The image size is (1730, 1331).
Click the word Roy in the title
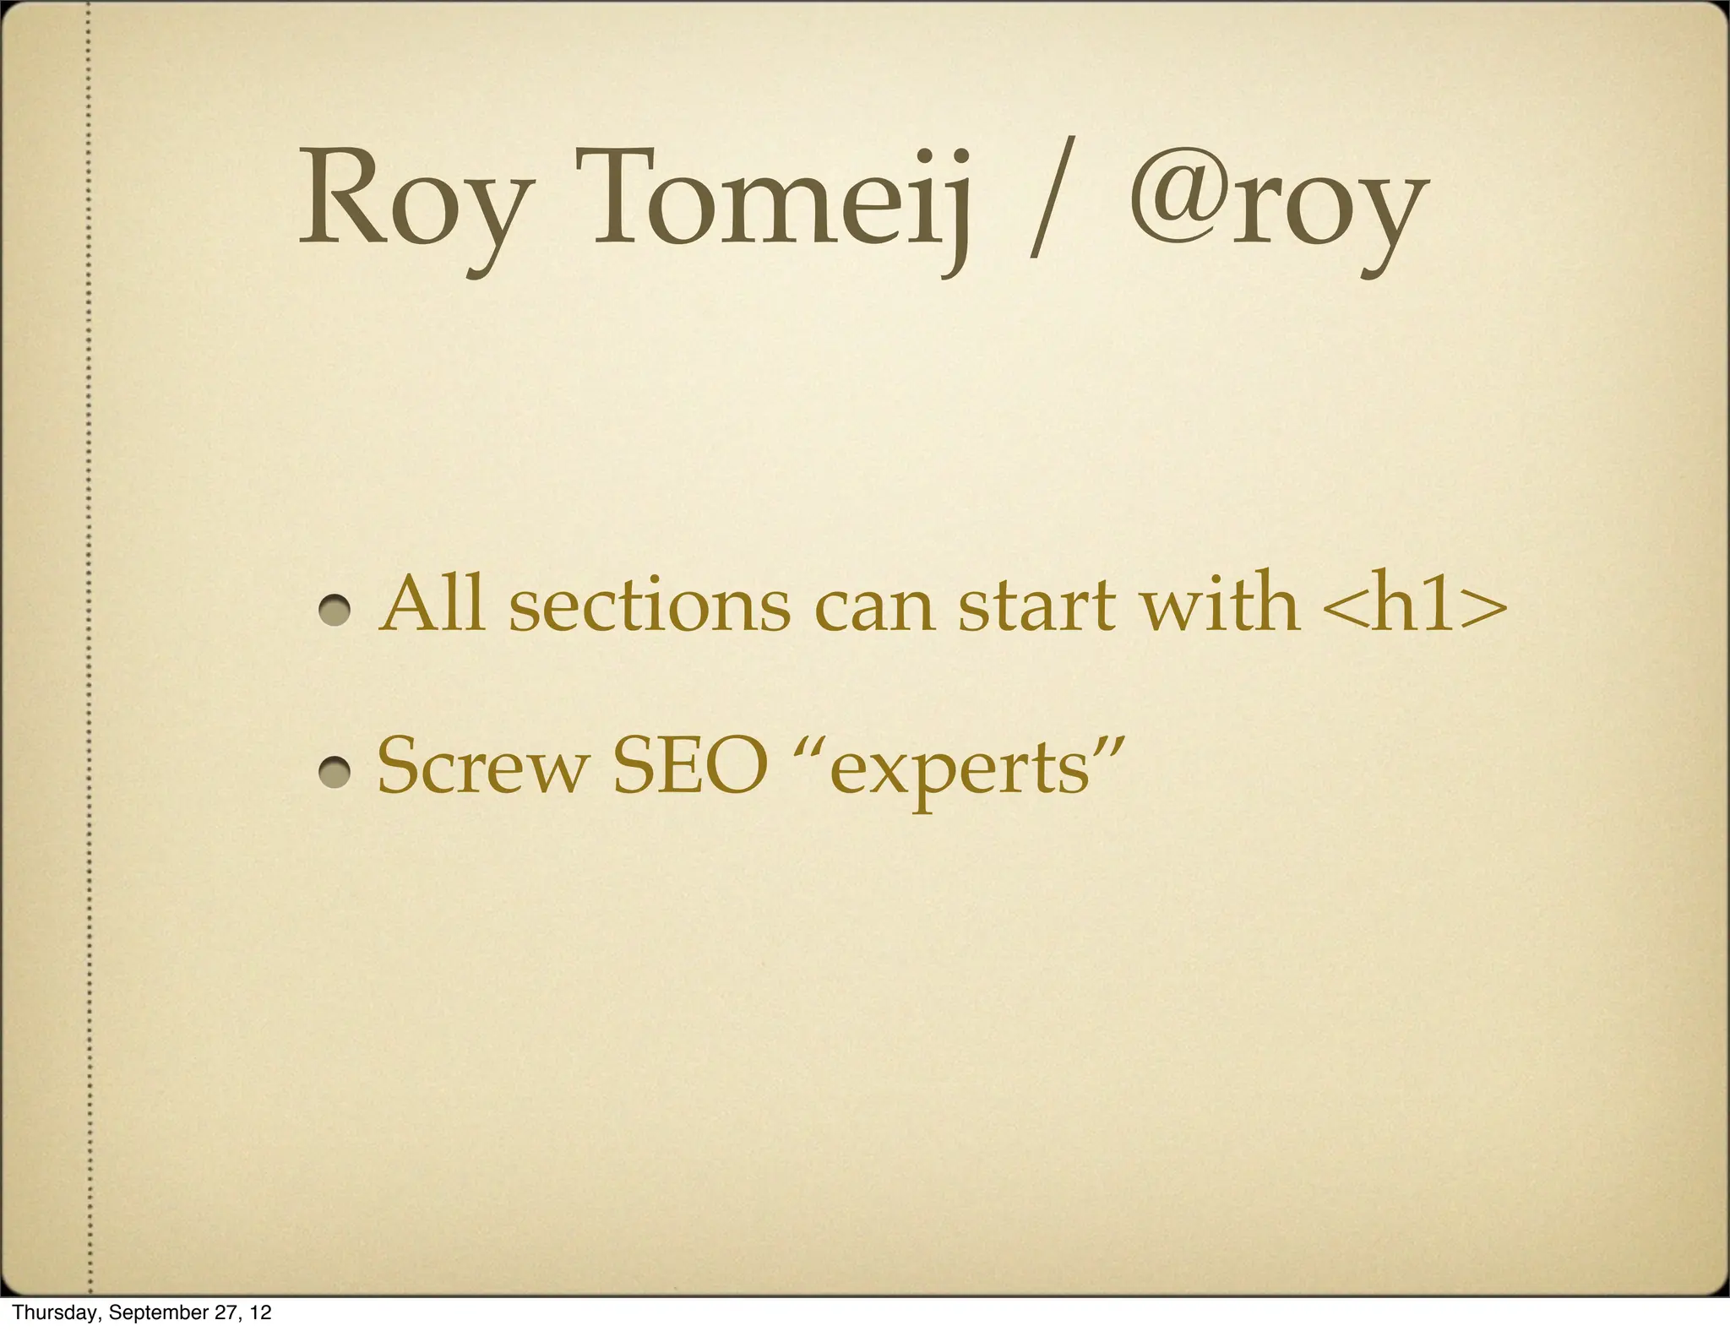[414, 203]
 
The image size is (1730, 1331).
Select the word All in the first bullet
[432, 603]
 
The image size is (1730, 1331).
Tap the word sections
[650, 605]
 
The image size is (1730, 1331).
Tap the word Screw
[482, 766]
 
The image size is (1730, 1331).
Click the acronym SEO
[689, 766]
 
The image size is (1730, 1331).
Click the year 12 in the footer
[261, 1312]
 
